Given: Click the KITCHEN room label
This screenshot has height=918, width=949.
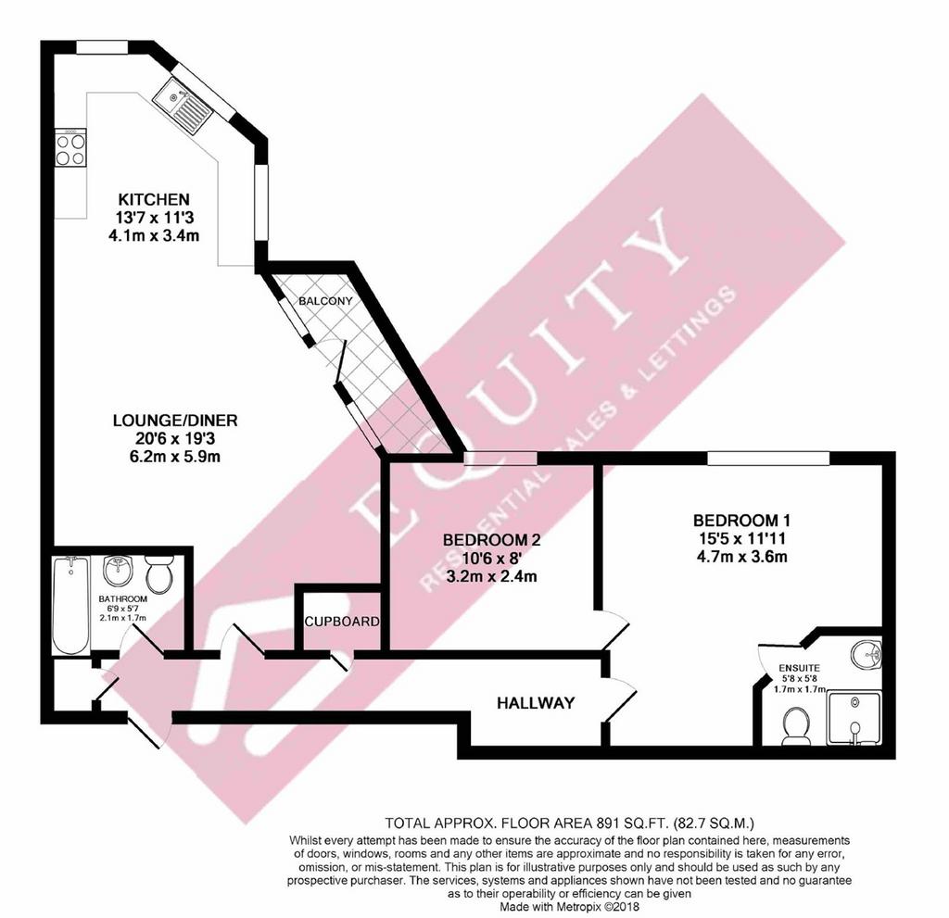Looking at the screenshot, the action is [x=154, y=199].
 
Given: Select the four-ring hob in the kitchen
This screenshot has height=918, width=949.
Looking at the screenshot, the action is [x=70, y=149].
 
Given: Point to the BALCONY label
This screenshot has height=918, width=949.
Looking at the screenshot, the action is [x=325, y=301].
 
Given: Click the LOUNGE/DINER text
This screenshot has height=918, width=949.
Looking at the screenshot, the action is [x=175, y=420].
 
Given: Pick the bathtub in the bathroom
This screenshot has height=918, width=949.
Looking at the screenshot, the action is [x=70, y=605].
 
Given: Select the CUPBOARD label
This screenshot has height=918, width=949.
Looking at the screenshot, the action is [x=343, y=622].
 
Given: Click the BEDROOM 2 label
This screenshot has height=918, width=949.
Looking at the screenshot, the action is [x=491, y=540].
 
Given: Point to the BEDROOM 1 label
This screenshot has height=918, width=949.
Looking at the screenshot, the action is [x=742, y=520].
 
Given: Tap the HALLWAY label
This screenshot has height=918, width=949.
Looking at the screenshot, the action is [x=536, y=702].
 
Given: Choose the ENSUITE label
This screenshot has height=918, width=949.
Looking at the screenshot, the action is [x=800, y=668].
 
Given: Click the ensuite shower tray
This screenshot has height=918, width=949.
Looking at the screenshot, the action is [x=854, y=718].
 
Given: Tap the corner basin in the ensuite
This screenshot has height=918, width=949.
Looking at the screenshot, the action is [x=867, y=652].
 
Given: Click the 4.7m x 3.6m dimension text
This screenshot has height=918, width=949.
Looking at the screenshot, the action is [x=742, y=557].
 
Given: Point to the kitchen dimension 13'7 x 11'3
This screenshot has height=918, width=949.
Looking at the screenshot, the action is [x=155, y=218].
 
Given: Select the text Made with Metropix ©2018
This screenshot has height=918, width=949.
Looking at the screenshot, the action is [x=569, y=907].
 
